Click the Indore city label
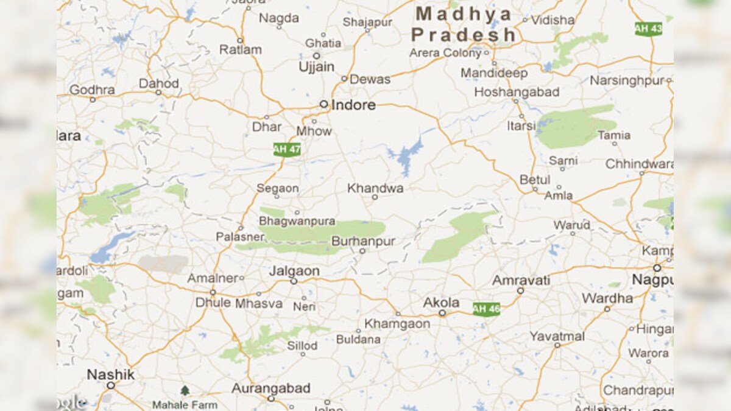[353, 105]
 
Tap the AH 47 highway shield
[286, 149]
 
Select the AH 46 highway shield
[486, 309]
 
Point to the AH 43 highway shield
[648, 29]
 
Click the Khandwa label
[375, 188]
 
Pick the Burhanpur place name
[363, 242]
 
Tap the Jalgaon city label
[294, 271]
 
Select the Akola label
[442, 303]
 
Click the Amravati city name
[521, 280]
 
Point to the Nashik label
[110, 374]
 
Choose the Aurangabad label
[271, 388]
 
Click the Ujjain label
[316, 67]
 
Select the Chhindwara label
[640, 164]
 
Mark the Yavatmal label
[557, 336]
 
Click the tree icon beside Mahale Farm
[185, 390]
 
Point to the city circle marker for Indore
[324, 104]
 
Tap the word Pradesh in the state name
[464, 35]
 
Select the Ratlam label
[241, 49]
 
